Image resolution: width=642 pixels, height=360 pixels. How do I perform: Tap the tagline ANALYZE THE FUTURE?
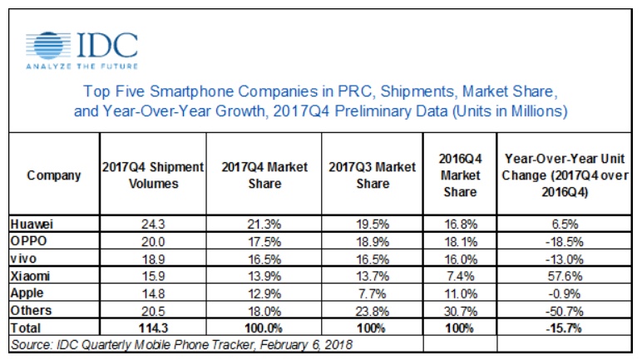click(81, 66)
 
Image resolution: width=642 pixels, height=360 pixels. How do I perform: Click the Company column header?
click(53, 175)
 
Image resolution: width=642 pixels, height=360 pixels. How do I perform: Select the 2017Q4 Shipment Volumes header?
click(153, 175)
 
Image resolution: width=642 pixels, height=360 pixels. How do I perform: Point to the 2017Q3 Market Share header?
click(373, 175)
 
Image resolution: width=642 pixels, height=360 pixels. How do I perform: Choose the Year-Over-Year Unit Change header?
click(565, 175)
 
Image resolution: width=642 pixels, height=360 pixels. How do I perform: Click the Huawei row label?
click(32, 224)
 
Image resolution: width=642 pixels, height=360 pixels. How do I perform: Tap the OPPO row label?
click(28, 241)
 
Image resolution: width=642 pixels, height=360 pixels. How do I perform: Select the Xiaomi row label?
click(30, 276)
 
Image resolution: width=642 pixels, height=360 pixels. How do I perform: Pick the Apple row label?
click(27, 293)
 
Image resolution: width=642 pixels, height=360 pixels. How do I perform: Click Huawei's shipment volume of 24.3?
click(153, 224)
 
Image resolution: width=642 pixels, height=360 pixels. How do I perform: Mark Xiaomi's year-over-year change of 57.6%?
click(565, 276)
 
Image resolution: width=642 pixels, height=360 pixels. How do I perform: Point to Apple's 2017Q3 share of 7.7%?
click(372, 293)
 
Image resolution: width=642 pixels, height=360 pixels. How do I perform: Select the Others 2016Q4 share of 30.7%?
click(461, 311)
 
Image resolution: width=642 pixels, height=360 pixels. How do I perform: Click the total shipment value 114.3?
click(153, 328)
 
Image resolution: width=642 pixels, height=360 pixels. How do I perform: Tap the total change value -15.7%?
click(564, 328)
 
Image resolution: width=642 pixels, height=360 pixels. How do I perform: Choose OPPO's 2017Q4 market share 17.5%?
click(264, 242)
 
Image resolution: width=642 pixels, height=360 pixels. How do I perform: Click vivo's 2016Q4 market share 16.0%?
click(461, 259)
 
